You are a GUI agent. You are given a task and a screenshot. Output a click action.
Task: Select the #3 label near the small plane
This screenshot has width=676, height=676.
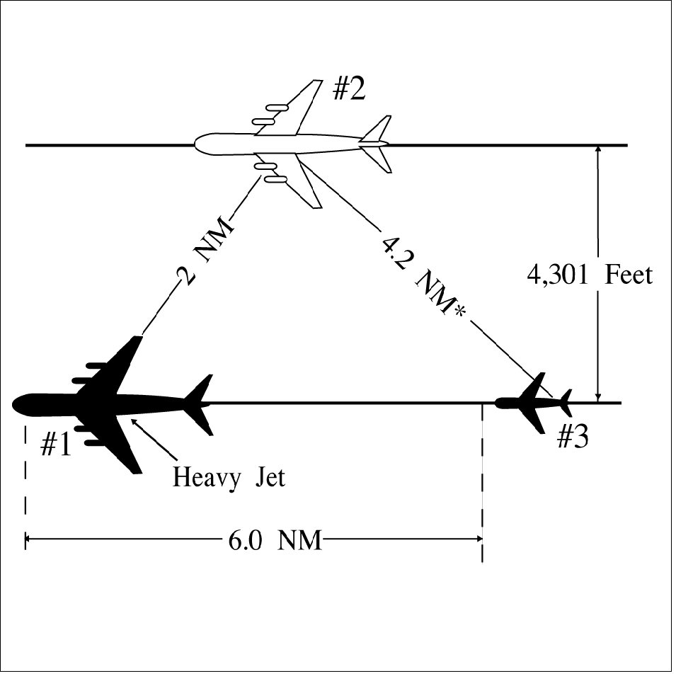pyautogui.click(x=572, y=438)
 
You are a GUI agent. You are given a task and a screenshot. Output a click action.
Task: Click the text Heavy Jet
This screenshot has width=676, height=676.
pyautogui.click(x=229, y=477)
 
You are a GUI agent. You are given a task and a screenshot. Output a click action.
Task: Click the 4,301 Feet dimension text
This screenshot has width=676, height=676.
pyautogui.click(x=589, y=275)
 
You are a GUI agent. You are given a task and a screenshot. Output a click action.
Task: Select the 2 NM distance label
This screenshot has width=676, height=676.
pyautogui.click(x=205, y=256)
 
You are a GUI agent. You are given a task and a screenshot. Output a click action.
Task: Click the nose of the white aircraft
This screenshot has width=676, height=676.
pyautogui.click(x=197, y=144)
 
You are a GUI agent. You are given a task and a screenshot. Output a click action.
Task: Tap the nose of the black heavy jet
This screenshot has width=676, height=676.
pyautogui.click(x=17, y=404)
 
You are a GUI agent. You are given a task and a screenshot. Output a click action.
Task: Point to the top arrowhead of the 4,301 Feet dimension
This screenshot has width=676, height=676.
pyautogui.click(x=598, y=149)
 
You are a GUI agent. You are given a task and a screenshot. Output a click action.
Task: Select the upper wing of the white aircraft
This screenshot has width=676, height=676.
pyautogui.click(x=297, y=106)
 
